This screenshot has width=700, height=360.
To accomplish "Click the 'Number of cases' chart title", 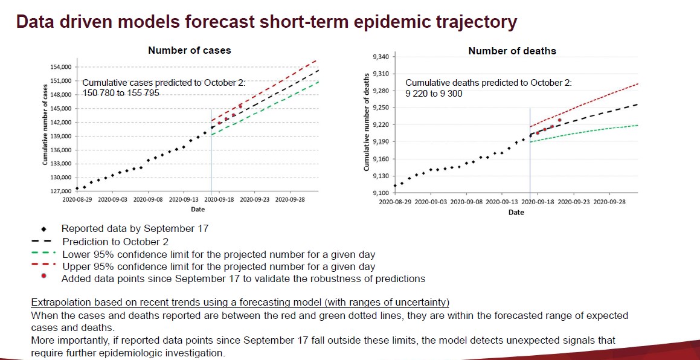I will pos(190,51).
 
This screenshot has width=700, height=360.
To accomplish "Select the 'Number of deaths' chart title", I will pos(512,51).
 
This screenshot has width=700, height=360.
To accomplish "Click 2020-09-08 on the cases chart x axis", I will pos(149,199).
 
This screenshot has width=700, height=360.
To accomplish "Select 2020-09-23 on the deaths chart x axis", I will pos(574,202).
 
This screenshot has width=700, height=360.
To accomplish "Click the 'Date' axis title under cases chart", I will pos(197,210).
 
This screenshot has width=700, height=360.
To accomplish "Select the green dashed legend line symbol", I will pos(42,254).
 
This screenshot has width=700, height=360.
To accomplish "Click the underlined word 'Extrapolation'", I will pos(57,302).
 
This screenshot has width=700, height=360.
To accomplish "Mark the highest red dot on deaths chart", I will pos(559,120).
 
